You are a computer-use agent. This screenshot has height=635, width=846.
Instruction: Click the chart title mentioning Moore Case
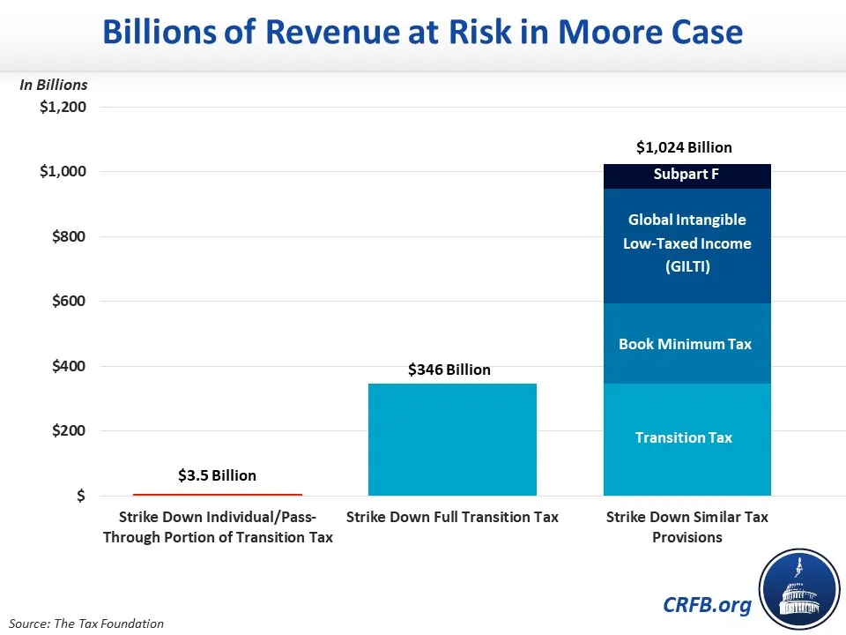point(422,33)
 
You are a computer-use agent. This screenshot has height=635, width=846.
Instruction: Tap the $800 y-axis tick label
point(67,236)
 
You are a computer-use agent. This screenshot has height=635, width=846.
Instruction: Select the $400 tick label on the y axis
point(67,366)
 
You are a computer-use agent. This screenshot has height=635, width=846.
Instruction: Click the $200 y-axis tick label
point(67,430)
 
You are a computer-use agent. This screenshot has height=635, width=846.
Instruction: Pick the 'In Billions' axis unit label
point(54,85)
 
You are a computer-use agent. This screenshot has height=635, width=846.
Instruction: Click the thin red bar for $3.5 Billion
point(217,495)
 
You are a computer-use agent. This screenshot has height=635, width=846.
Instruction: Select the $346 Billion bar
point(452,439)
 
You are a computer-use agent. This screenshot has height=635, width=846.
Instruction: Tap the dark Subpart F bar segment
point(686,176)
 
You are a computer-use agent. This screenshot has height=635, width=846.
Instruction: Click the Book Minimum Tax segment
point(686,344)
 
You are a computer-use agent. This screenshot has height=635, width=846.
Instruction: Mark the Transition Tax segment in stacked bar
point(686,438)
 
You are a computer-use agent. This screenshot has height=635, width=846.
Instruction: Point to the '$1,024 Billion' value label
point(684,147)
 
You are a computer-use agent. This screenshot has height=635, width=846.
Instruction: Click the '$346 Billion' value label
point(449,370)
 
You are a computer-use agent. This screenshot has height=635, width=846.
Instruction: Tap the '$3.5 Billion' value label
point(217,475)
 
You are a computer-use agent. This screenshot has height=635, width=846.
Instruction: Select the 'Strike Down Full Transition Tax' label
point(452,517)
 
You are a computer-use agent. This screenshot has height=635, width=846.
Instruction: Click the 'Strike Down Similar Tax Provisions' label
point(686,527)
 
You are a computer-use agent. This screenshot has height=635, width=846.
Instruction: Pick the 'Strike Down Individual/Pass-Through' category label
point(217,527)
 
